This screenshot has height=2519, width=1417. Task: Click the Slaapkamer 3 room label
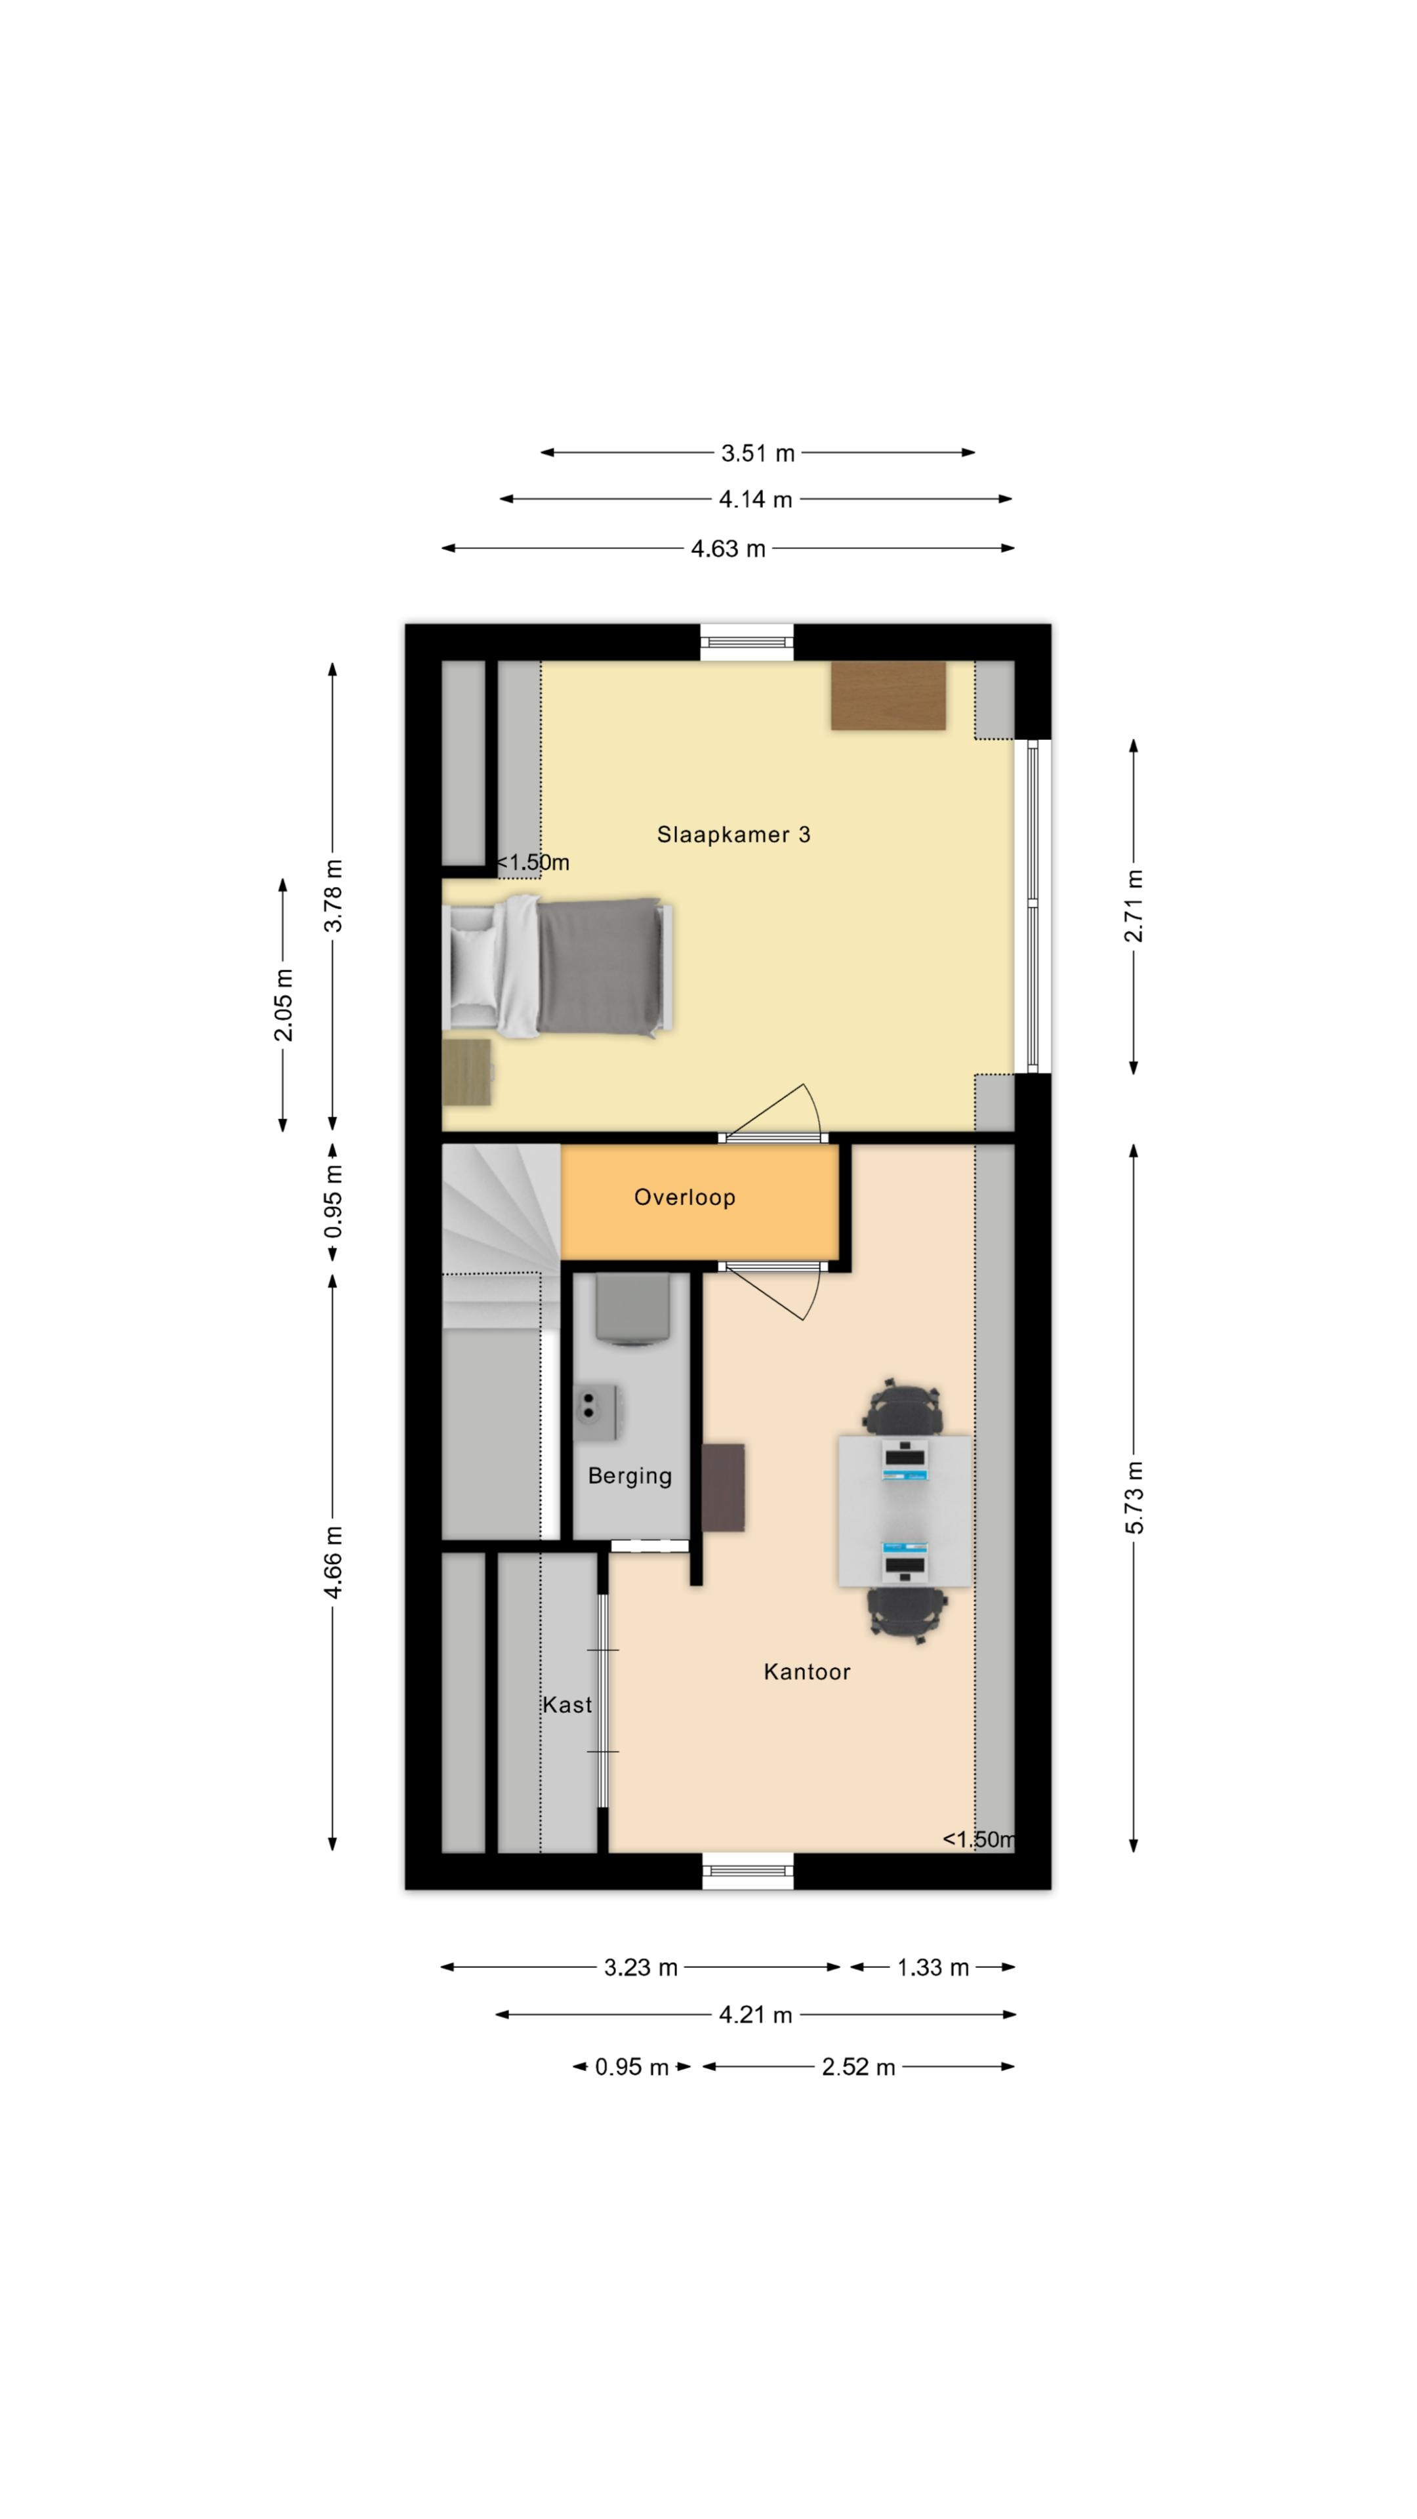733,834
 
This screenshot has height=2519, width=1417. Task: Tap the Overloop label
684,1197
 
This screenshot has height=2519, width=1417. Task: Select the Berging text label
630,1475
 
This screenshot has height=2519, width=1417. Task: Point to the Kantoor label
807,1671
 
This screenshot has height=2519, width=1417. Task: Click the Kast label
567,1704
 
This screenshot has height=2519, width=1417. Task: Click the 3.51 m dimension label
758,453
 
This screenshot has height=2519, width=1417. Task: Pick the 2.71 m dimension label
1134,905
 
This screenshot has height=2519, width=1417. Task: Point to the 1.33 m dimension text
933,1967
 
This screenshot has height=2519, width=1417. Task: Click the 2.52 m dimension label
857,2066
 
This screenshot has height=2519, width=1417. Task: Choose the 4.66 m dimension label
333,1562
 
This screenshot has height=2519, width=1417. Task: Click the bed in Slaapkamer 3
558,967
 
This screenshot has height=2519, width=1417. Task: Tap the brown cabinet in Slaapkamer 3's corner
888,695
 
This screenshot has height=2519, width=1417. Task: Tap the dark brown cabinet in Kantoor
724,1487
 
